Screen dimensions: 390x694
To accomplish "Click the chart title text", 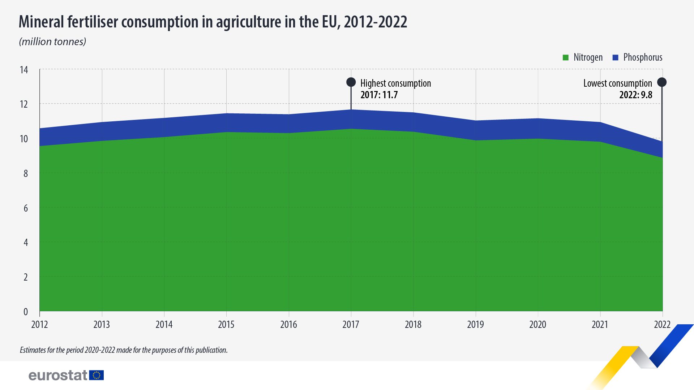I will click(213, 22).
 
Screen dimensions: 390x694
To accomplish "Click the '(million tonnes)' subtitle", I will click(52, 42).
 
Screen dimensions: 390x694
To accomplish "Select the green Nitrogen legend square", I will click(566, 57).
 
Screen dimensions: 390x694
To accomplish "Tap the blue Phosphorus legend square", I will click(616, 57).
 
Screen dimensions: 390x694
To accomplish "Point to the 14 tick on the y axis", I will click(24, 70).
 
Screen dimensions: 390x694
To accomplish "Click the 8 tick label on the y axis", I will click(25, 173).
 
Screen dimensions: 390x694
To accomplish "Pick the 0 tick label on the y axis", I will click(25, 312).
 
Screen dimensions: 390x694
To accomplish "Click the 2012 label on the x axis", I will click(39, 324).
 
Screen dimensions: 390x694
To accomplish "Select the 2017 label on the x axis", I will click(351, 324).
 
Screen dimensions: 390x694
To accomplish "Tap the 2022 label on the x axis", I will click(662, 324).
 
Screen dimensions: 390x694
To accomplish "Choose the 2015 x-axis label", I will click(226, 324).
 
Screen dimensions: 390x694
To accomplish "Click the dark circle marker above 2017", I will click(351, 82).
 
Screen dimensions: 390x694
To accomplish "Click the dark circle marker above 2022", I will click(662, 82).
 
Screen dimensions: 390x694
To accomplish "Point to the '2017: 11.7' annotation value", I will click(379, 95).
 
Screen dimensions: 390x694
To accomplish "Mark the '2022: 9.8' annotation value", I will click(635, 95).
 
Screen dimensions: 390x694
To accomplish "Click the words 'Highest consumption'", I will click(395, 83).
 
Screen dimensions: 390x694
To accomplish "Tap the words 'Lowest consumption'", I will click(617, 83).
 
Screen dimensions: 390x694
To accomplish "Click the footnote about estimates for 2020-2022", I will click(124, 350).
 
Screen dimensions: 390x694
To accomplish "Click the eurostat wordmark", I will click(58, 376).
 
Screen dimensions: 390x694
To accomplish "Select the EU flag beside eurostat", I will click(97, 375).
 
